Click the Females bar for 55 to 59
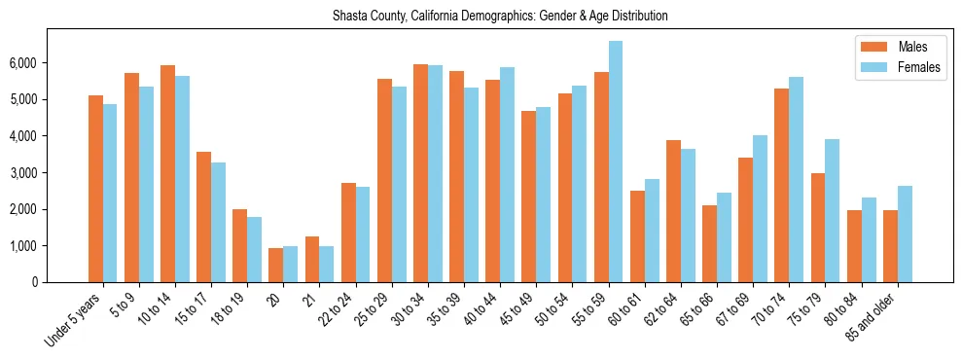(616, 162)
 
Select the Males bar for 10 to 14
(168, 174)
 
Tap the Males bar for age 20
(276, 266)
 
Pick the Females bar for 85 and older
(905, 234)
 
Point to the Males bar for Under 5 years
(95, 189)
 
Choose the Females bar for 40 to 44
(507, 175)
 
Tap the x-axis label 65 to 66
(663, 306)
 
